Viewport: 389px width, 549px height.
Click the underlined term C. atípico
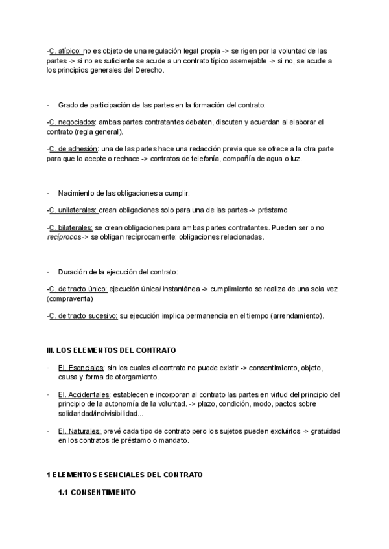tap(65, 50)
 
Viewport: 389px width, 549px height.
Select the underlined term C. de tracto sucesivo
tap(83, 316)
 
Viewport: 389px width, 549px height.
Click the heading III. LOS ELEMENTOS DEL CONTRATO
tap(112, 351)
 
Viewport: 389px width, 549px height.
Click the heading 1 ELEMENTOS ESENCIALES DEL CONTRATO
tap(124, 475)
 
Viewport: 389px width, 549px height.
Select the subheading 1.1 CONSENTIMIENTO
tap(97, 493)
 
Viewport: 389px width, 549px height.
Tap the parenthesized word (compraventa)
tap(70, 299)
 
